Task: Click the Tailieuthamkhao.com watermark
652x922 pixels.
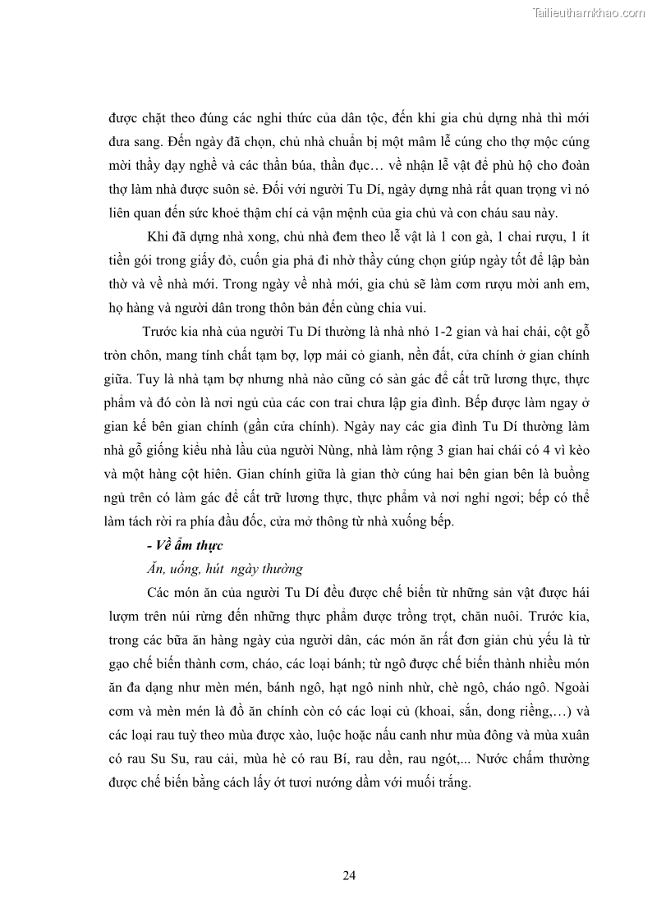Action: [x=589, y=12]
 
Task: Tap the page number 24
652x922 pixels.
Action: [x=349, y=874]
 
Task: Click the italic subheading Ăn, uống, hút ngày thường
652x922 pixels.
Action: [x=223, y=568]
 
